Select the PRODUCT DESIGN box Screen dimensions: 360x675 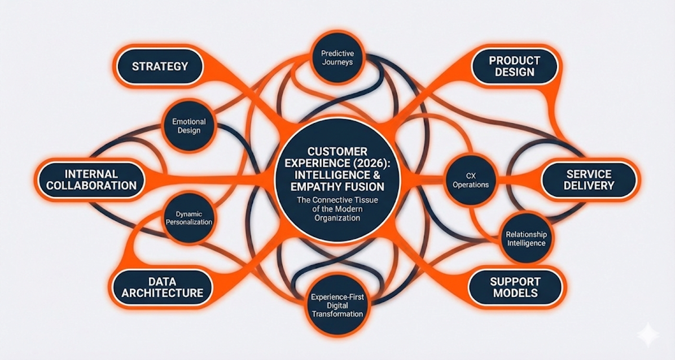coord(514,67)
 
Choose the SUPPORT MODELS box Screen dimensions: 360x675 coord(514,287)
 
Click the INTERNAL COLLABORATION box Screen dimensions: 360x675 coord(91,179)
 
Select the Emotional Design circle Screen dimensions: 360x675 coord(189,126)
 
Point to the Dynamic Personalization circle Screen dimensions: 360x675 coord(189,218)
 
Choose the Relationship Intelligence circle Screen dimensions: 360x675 coord(525,239)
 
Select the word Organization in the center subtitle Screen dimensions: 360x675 coord(337,218)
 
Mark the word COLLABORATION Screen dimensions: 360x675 coord(91,186)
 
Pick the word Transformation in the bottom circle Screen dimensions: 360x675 coord(337,314)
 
